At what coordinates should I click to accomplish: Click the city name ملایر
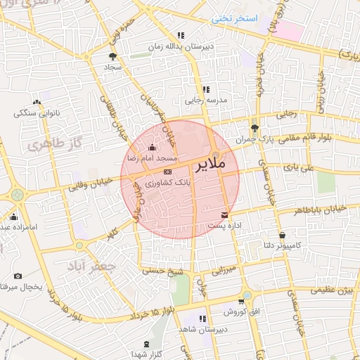(x=208, y=165)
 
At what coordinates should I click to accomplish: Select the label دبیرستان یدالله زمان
(x=178, y=46)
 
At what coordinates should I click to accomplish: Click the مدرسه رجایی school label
(x=206, y=101)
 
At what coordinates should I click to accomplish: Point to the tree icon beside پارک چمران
(x=255, y=128)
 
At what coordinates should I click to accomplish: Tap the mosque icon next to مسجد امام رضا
(x=153, y=147)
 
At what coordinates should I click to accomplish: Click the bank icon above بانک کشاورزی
(x=167, y=172)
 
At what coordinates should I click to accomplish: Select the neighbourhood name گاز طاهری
(x=51, y=145)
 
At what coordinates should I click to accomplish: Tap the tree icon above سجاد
(x=112, y=57)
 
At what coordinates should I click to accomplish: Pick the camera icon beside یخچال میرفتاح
(x=18, y=276)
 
